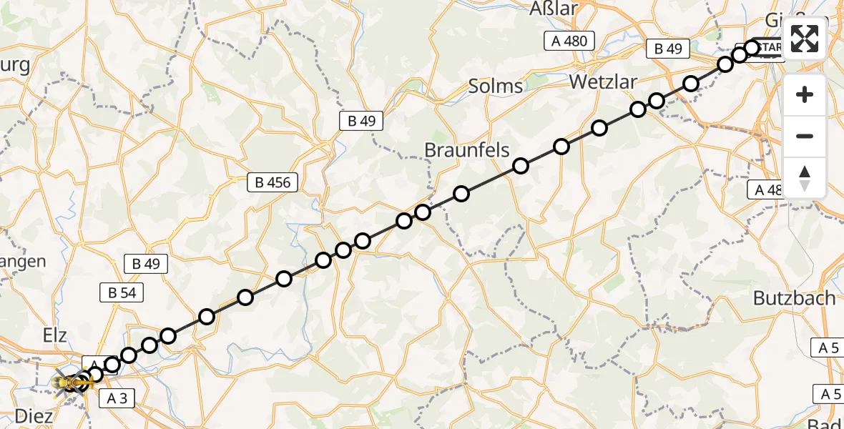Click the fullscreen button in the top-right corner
805,39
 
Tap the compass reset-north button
805,178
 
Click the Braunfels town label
466,150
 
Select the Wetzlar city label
602,82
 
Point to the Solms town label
495,87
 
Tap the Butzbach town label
794,298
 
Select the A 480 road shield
569,41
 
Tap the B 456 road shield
273,182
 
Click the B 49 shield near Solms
361,121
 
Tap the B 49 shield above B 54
145,264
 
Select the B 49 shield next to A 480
667,49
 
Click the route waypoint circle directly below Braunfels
461,194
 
